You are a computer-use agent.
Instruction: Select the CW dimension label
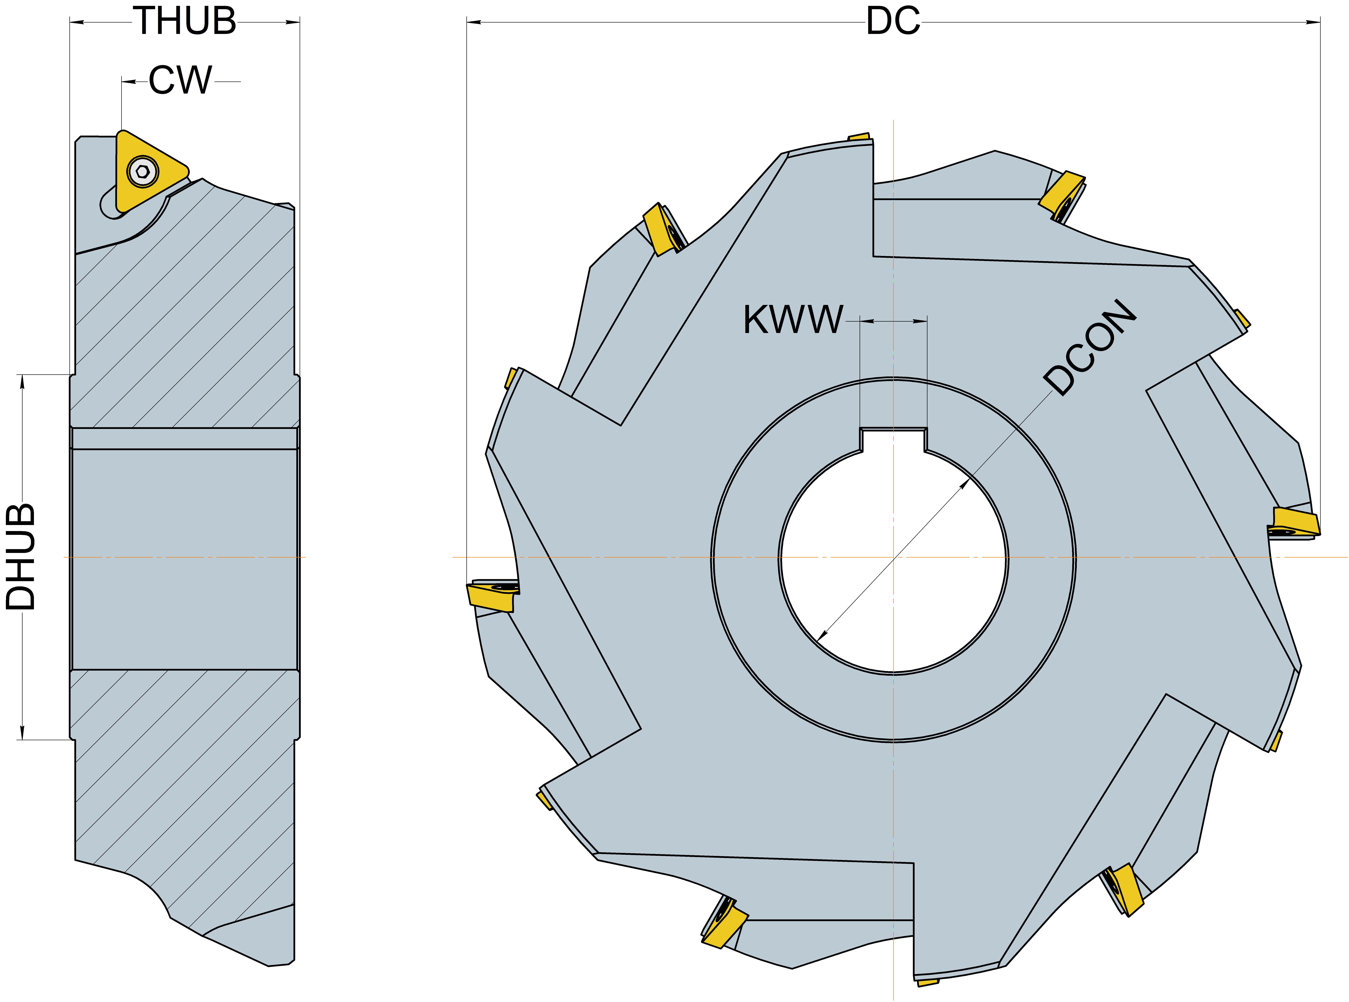(x=181, y=81)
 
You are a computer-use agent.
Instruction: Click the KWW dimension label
(x=793, y=320)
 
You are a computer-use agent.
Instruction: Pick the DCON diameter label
(x=1089, y=347)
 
